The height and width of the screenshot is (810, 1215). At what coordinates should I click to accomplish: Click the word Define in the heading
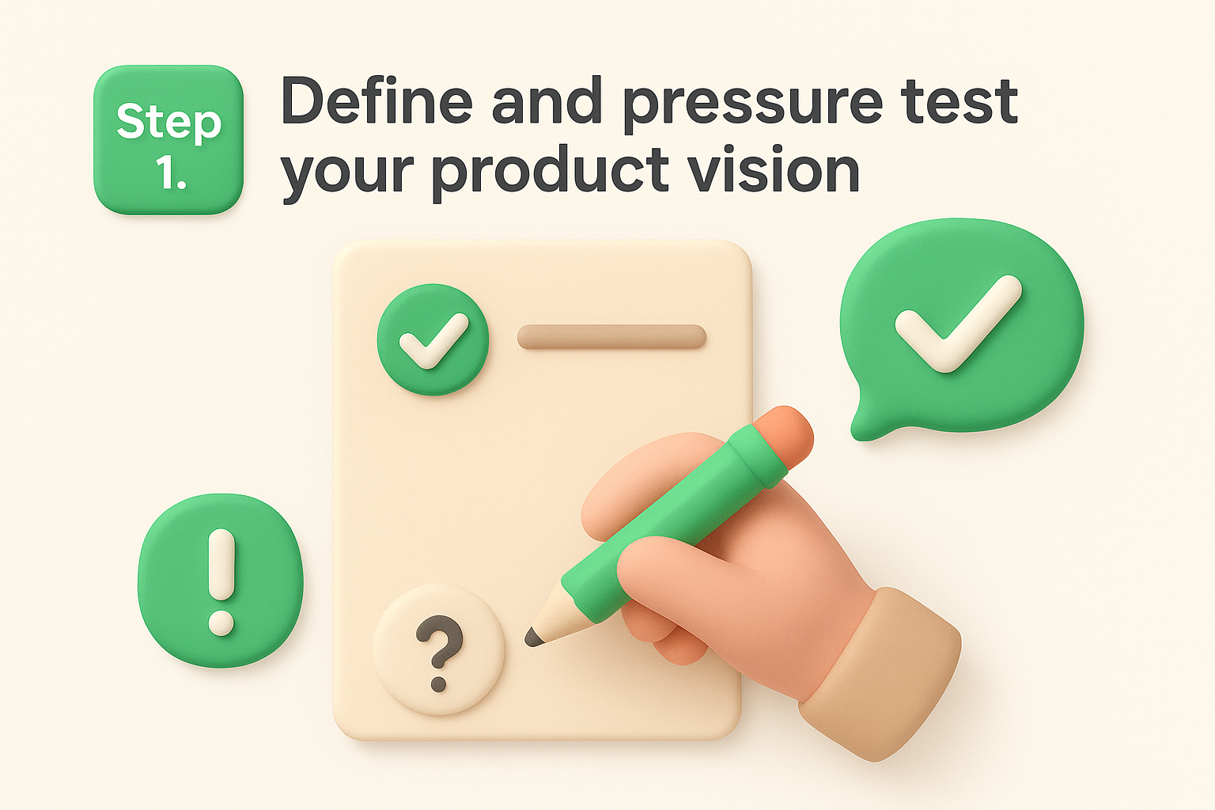(x=377, y=101)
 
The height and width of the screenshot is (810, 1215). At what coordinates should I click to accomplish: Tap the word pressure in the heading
(x=752, y=104)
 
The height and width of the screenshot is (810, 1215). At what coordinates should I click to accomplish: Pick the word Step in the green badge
(x=168, y=123)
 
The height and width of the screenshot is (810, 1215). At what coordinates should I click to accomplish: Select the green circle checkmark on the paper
(x=433, y=340)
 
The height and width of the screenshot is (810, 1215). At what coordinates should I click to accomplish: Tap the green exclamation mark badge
(x=220, y=580)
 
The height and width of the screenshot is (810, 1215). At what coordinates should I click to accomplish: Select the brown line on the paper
(x=611, y=336)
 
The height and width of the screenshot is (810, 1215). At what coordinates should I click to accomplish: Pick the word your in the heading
(x=347, y=172)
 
